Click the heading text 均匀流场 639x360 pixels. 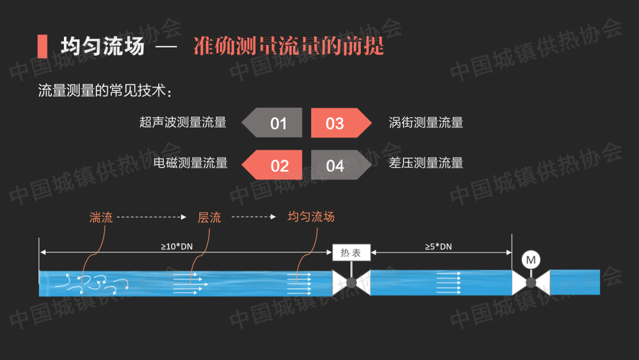(102, 46)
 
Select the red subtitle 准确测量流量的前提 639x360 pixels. (289, 46)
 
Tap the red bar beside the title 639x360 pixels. (42, 46)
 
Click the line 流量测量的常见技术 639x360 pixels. (105, 91)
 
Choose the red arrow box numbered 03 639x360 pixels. (338, 123)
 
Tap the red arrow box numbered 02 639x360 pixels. (275, 165)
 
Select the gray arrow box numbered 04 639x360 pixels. (338, 165)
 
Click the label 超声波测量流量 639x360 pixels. (183, 123)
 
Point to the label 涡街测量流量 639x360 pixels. (426, 123)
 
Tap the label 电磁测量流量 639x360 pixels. (191, 163)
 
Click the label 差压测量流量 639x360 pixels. (426, 163)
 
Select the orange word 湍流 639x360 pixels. (101, 217)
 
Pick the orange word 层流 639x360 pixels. (209, 217)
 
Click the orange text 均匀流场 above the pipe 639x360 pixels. (311, 217)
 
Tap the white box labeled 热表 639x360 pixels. (351, 253)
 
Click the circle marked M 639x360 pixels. (531, 259)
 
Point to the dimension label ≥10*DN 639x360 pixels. (177, 246)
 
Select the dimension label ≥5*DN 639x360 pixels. (438, 246)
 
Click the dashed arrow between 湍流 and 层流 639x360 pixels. (151, 217)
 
